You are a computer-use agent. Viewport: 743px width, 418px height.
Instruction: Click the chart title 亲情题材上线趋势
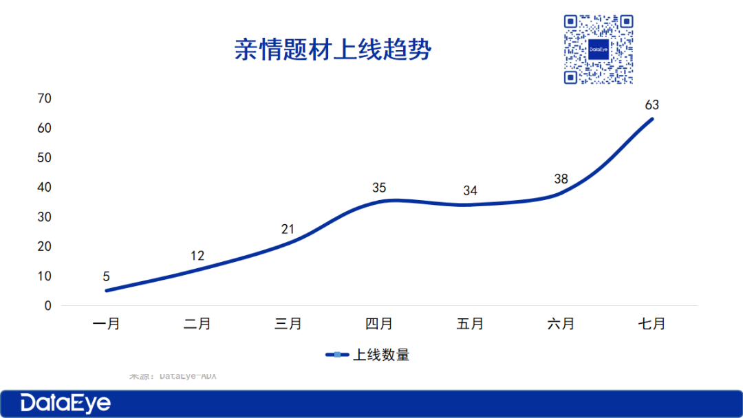point(332,50)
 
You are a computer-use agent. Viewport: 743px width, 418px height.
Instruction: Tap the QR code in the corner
point(598,49)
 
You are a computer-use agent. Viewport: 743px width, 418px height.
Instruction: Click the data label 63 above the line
point(652,105)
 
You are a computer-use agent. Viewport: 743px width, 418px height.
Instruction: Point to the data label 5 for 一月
point(107,276)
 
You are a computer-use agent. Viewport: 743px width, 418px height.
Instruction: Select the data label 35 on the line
point(379,187)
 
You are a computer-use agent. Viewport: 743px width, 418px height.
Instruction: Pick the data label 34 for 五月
point(470,190)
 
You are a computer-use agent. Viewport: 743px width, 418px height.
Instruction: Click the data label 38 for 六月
point(561,179)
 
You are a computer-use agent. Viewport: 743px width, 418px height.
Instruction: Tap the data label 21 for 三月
point(288,229)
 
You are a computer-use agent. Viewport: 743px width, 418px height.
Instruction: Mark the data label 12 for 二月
point(197,256)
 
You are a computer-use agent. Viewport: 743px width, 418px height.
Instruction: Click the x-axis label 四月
point(379,324)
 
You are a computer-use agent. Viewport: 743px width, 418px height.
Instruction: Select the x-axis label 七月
point(652,324)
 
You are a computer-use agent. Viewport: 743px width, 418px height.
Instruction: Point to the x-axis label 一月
point(107,324)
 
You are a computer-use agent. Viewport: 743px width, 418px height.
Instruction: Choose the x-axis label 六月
point(561,324)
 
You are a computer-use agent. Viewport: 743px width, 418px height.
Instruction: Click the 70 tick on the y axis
point(44,98)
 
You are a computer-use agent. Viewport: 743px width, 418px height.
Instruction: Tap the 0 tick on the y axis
point(47,305)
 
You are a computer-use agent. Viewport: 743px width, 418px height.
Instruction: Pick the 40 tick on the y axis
point(44,187)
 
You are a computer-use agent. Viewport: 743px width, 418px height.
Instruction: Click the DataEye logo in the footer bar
point(65,403)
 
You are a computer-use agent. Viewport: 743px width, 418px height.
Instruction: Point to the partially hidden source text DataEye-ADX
point(173,375)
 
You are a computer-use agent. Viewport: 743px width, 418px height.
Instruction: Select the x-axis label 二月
point(197,324)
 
